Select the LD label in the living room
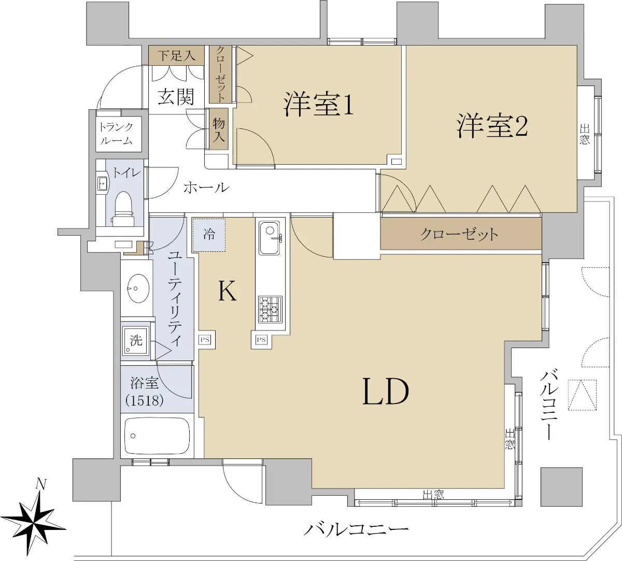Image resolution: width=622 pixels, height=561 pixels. (386, 392)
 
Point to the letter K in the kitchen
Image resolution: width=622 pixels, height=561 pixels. (227, 291)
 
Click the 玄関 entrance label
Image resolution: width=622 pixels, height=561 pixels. (176, 96)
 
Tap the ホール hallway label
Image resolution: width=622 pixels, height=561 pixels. (206, 188)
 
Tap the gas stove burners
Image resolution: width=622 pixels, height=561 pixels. (270, 310)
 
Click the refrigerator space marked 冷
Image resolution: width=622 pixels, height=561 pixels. (209, 235)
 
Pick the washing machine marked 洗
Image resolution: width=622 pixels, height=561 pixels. (135, 340)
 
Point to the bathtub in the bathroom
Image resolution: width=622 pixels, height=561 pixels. (157, 436)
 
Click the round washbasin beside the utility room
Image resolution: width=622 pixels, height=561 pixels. (138, 288)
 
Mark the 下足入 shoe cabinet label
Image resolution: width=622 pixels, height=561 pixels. (176, 55)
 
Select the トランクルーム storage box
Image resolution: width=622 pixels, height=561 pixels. (119, 134)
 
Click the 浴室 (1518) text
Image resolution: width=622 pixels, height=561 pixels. (145, 392)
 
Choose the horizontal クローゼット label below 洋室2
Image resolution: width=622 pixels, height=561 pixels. (459, 234)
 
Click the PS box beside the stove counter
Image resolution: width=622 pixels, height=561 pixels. (261, 340)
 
